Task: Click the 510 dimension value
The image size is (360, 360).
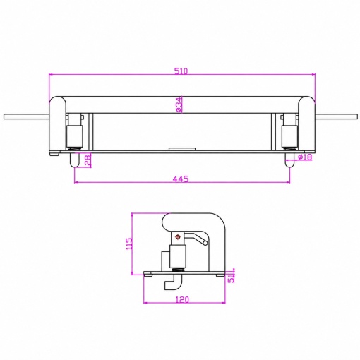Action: click(x=181, y=71)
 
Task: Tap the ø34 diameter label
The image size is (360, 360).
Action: click(x=179, y=104)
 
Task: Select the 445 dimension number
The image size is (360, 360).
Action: click(x=181, y=179)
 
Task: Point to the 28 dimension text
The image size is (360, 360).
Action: click(x=88, y=161)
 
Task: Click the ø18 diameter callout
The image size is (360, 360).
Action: click(x=305, y=157)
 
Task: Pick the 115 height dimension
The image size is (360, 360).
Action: click(x=129, y=244)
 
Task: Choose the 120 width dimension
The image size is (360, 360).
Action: click(x=182, y=299)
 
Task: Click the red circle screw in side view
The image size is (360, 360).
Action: click(x=178, y=237)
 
